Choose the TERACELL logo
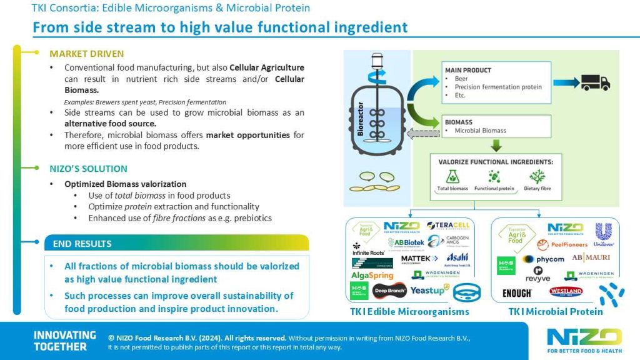point(448,226)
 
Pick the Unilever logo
point(604,234)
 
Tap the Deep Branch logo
point(389,290)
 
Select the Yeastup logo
point(428,290)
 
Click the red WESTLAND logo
point(566,291)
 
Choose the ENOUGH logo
point(517,292)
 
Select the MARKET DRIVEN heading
point(86,54)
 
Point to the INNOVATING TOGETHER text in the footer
point(64,341)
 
